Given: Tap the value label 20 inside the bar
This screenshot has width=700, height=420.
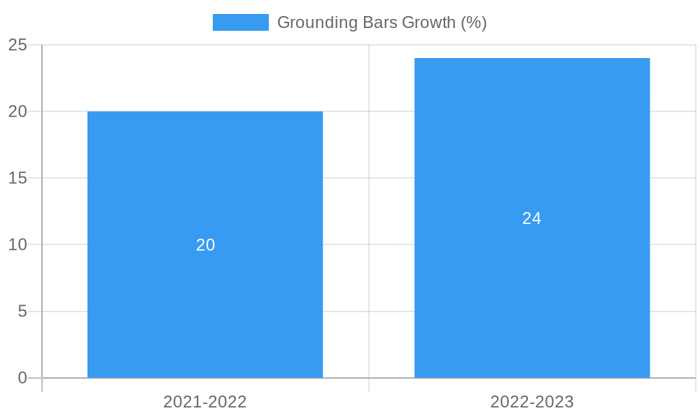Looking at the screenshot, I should [205, 245].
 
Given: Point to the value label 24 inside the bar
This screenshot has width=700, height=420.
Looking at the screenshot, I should [532, 218].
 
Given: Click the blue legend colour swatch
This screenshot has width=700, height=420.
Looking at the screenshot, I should [240, 22].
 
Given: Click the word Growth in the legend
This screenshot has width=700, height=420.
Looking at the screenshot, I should [429, 22].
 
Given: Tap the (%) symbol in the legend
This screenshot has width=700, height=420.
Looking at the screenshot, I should [474, 22].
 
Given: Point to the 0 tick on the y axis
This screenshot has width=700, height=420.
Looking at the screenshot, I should [22, 378].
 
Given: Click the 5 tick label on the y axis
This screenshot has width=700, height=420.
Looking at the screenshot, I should [22, 311].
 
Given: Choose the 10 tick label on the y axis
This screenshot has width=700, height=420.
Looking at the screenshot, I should [17, 244].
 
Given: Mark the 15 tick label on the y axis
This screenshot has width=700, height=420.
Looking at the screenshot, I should [17, 178].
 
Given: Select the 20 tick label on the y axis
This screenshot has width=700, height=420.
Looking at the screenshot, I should [17, 111].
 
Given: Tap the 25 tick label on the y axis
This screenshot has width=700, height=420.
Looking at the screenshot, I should [17, 45].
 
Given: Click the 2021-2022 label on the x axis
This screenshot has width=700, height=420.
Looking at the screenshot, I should [205, 402].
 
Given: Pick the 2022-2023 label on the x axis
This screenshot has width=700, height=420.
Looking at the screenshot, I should [532, 402].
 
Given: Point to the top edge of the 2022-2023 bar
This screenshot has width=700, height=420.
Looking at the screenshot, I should [532, 59].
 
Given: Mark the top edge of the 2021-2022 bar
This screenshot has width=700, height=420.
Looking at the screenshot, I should [205, 112].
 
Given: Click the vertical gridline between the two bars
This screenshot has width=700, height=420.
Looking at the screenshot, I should [369, 210].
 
